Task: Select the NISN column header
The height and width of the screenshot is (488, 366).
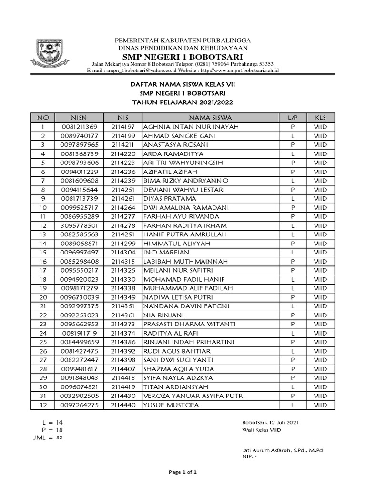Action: (79, 118)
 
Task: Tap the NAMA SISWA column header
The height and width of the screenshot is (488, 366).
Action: (210, 118)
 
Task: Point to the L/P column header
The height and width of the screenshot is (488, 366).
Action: (292, 118)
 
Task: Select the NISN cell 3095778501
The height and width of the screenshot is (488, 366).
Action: (79, 225)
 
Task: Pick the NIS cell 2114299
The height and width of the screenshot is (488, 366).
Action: (123, 244)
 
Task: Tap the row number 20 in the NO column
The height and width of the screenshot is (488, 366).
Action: (43, 297)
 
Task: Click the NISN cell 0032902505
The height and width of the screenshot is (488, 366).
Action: (79, 396)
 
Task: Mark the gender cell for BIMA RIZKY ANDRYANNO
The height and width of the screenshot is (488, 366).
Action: (292, 181)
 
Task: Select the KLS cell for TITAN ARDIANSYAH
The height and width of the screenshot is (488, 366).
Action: (321, 387)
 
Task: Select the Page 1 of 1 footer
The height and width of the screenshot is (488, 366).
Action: (183, 472)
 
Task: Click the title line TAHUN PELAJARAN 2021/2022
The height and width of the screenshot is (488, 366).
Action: (183, 102)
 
